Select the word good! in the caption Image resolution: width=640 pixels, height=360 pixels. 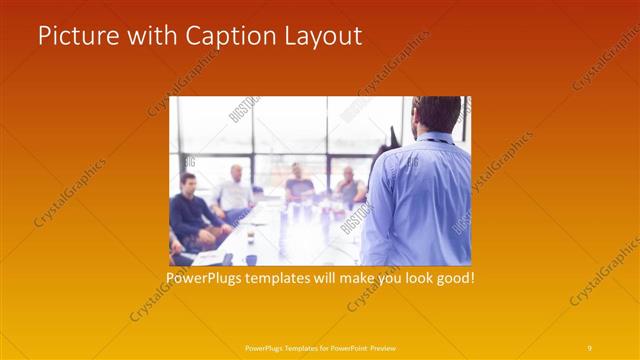(453, 277)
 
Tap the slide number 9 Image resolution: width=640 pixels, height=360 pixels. (589, 347)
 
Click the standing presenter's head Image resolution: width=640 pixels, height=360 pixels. (436, 115)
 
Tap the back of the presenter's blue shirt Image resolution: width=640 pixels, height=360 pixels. (419, 200)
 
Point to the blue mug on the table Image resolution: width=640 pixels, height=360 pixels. (251, 259)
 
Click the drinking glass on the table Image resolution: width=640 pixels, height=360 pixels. (249, 237)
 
